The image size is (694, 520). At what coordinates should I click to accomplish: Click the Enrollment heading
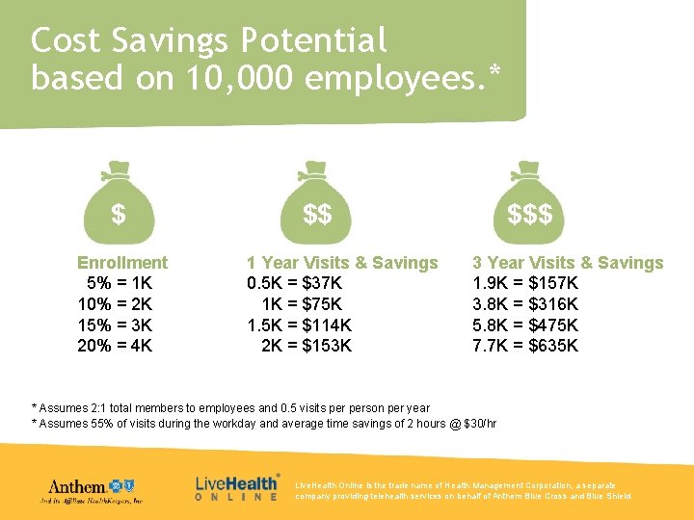pyautogui.click(x=122, y=263)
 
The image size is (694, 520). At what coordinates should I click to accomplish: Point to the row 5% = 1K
pyautogui.click(x=120, y=284)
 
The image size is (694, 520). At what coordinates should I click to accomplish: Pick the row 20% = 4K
pyautogui.click(x=115, y=345)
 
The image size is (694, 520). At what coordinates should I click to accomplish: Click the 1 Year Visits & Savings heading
pyautogui.click(x=342, y=263)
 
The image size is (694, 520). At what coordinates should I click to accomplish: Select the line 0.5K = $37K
pyautogui.click(x=294, y=284)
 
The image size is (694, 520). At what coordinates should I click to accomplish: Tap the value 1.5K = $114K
pyautogui.click(x=299, y=325)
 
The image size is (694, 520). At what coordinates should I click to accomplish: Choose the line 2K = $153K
pyautogui.click(x=307, y=345)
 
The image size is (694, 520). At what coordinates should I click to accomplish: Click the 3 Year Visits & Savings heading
pyautogui.click(x=568, y=263)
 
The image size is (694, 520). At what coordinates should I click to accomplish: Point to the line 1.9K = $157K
pyautogui.click(x=525, y=284)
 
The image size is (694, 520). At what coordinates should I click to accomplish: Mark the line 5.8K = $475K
pyautogui.click(x=525, y=325)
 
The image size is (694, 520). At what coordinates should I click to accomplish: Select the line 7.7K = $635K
pyautogui.click(x=525, y=345)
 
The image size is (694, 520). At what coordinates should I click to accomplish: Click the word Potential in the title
pyautogui.click(x=314, y=41)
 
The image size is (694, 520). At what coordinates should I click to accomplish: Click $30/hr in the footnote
pyautogui.click(x=480, y=424)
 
